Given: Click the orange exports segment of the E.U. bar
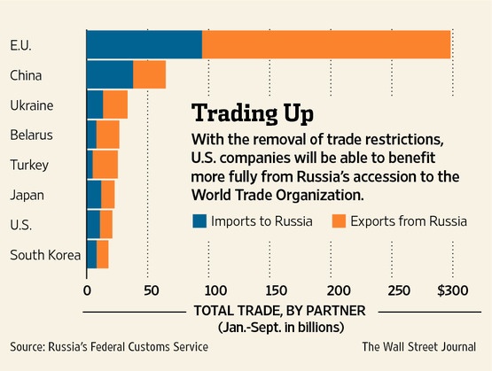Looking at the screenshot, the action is click(326, 44).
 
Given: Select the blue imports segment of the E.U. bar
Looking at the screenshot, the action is click(144, 44).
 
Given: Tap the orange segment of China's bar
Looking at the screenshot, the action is click(149, 74).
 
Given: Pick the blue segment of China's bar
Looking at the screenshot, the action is click(110, 74).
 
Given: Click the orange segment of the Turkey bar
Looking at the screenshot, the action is click(105, 165).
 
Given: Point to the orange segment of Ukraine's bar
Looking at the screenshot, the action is click(115, 104).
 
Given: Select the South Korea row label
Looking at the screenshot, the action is click(45, 255).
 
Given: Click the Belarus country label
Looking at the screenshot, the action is click(31, 135).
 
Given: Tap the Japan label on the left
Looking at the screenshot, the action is click(27, 196).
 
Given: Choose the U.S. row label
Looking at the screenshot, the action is click(20, 225).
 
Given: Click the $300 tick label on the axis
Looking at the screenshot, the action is click(453, 290).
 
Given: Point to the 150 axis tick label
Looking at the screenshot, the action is click(276, 290).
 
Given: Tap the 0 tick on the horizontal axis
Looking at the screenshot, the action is click(87, 290).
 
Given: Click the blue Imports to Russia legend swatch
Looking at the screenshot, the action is click(199, 221).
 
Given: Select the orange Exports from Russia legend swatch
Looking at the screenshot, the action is click(339, 221).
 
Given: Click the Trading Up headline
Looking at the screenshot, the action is click(253, 113).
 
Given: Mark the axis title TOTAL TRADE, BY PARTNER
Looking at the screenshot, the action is click(280, 311).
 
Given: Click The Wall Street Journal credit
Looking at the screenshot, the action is click(419, 347).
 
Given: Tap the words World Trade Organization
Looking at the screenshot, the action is click(277, 195).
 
